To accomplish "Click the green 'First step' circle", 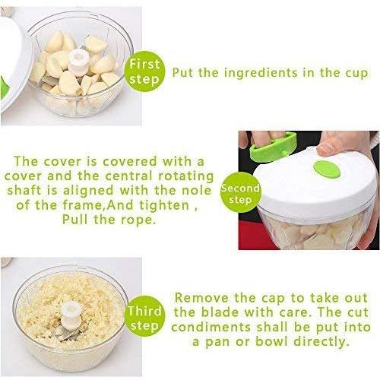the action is [x=144, y=71].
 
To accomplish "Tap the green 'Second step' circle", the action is [x=240, y=193].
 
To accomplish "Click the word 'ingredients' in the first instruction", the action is [x=261, y=74].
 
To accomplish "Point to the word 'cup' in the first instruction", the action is [x=356, y=74].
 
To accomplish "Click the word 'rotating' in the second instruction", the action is [x=185, y=176].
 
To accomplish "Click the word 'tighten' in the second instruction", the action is [x=164, y=205].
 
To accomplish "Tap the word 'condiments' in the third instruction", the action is [x=211, y=328].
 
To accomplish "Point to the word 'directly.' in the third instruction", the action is [x=321, y=342].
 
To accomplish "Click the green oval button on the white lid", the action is [x=327, y=169].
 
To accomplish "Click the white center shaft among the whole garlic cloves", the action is [x=79, y=62].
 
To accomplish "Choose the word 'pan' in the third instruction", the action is [x=218, y=343].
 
